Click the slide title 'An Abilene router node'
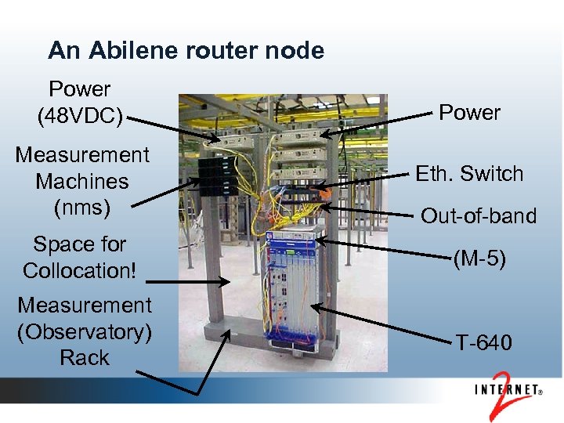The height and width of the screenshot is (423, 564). tap(186, 51)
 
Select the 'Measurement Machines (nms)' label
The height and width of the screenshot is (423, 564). tap(81, 181)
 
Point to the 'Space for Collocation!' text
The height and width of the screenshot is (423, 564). tap(79, 258)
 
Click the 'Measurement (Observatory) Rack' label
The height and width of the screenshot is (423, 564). tap(84, 331)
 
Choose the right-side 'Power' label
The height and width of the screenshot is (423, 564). tap(469, 113)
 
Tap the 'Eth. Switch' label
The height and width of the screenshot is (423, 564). tap(469, 173)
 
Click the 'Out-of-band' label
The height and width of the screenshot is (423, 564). tap(479, 215)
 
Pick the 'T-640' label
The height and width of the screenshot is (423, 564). tap(484, 342)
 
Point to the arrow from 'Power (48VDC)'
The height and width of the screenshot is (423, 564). tap(173, 130)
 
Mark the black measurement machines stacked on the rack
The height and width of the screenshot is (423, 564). tap(212, 177)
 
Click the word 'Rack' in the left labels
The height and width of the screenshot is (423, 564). tap(85, 358)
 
